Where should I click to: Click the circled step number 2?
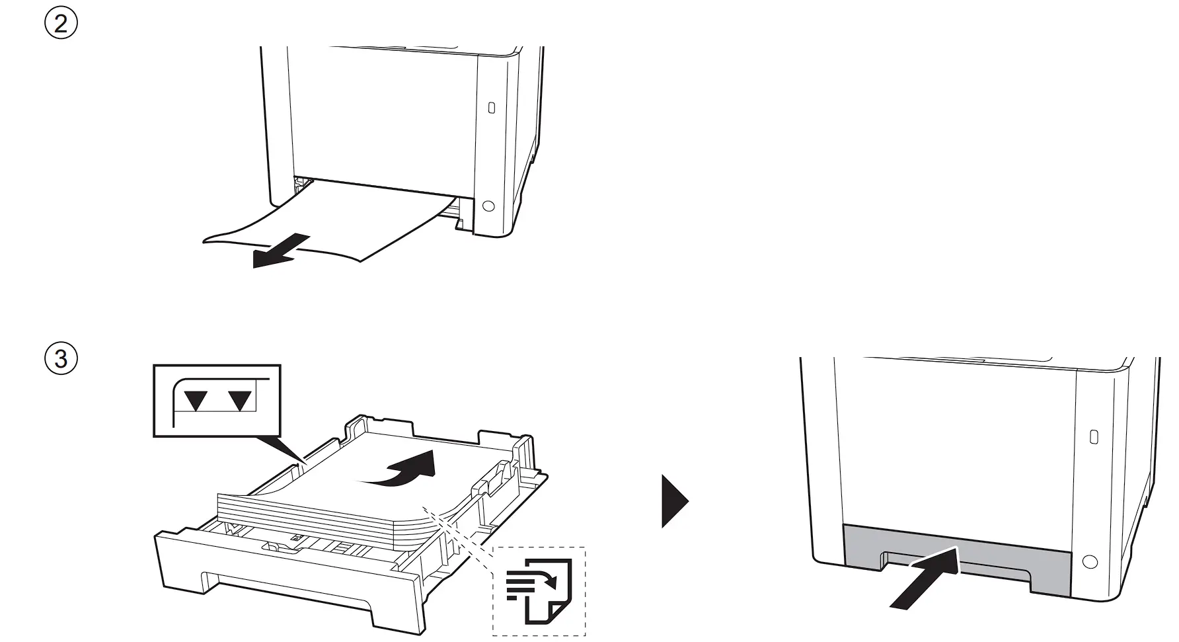point(61,24)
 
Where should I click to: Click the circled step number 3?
point(61,359)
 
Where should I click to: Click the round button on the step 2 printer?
point(488,206)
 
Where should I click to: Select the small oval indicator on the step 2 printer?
point(490,107)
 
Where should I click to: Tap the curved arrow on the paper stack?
point(403,469)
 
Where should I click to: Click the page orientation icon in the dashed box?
point(539,590)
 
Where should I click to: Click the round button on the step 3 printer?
point(1090,562)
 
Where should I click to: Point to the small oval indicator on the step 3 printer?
point(1092,436)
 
